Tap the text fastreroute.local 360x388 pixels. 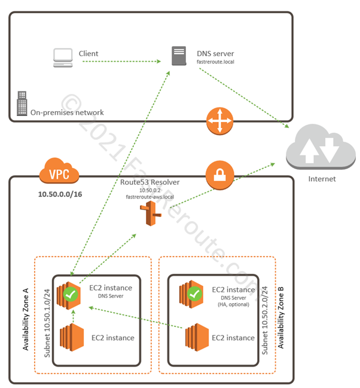click(218, 62)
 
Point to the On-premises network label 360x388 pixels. click(68, 112)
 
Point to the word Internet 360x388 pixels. click(321, 179)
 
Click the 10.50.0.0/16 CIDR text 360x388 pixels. click(60, 195)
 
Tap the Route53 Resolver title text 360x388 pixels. click(149, 182)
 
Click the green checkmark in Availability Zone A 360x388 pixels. click(72, 294)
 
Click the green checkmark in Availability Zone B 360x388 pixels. click(194, 294)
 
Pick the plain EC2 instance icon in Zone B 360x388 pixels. click(195, 337)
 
